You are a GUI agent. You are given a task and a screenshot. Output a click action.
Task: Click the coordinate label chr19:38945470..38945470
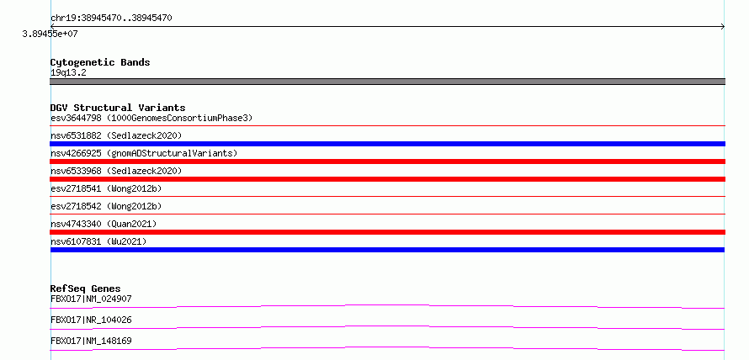tap(111, 19)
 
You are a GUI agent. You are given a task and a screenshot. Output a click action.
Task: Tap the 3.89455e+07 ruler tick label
tap(50, 34)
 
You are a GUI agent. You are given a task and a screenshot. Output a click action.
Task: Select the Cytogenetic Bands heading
tap(100, 62)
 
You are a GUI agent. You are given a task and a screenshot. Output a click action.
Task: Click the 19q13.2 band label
tap(68, 73)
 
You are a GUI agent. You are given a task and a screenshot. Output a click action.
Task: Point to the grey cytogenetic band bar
tap(387, 82)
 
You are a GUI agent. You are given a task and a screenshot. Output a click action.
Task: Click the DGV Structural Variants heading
tap(118, 108)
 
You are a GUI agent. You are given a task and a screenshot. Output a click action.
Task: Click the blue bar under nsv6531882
tap(387, 144)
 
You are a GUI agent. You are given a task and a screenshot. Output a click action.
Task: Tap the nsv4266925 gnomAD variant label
tap(144, 153)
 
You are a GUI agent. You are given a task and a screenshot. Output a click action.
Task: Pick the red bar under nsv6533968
tap(387, 179)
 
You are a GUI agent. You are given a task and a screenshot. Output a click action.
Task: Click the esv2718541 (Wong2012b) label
tap(106, 188)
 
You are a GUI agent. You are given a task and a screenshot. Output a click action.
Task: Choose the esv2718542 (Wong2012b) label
tap(106, 206)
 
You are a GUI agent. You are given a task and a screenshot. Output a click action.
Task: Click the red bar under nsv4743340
tap(387, 232)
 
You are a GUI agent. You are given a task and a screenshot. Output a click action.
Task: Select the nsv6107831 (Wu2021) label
tap(98, 241)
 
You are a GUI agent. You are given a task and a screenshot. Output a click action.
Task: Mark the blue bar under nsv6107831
tap(387, 250)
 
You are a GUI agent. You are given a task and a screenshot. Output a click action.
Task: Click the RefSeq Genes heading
tap(86, 289)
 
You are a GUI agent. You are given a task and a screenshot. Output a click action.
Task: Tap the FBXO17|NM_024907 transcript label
tap(91, 299)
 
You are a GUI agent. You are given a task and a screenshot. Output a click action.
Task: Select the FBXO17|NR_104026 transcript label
tap(91, 320)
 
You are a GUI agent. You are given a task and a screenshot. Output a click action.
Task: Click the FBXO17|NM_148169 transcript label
tap(91, 341)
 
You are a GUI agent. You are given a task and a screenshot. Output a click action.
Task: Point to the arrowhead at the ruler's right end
tap(724, 27)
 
